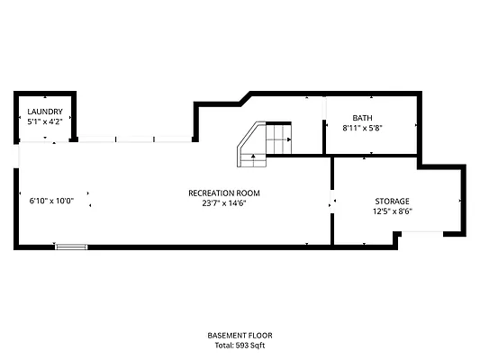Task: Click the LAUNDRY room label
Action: coord(45,112)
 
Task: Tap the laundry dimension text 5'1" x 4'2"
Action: coord(45,121)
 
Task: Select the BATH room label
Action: coord(362,118)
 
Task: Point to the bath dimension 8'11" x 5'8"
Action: coord(362,128)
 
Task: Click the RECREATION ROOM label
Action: coord(224,193)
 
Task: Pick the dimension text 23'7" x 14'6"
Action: coord(224,203)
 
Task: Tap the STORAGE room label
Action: coord(392,202)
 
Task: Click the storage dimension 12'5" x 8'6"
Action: coord(393,211)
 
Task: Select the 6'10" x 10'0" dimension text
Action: coord(51,201)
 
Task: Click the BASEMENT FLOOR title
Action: coord(240,336)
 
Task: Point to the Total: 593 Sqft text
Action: coord(240,346)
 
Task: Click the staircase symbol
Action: coord(264,144)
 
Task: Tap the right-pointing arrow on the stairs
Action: coord(289,139)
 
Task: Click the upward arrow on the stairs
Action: coord(253,156)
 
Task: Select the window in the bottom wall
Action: coord(71,247)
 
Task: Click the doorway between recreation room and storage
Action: coord(332,202)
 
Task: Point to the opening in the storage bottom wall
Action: coord(422,234)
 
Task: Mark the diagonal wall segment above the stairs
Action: coord(246,99)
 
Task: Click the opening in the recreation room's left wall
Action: coord(16,156)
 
